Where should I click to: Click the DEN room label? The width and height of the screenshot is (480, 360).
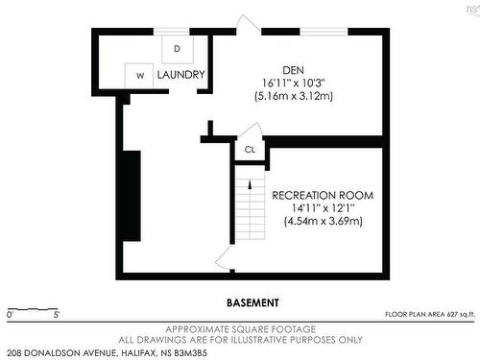[293, 70]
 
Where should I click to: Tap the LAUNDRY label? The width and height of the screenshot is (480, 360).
[180, 75]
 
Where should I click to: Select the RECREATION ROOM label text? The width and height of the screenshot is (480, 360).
[323, 195]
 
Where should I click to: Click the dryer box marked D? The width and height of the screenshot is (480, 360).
[178, 49]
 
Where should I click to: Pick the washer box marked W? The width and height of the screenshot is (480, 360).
[139, 76]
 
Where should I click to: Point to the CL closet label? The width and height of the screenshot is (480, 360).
[250, 150]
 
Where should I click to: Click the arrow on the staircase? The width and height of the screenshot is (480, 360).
[251, 185]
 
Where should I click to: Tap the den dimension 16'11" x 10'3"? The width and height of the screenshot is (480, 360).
[294, 84]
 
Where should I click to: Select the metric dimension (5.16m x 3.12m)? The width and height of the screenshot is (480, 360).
[294, 96]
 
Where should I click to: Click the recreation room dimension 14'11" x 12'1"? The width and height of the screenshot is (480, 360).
[323, 208]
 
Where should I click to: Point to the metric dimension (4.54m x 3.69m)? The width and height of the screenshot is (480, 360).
[324, 221]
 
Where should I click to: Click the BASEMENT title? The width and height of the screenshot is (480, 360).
[252, 302]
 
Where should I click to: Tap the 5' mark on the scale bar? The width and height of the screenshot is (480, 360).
[57, 315]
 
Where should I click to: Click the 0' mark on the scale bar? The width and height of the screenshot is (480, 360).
[10, 315]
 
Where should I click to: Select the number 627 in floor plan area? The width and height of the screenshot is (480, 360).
[452, 314]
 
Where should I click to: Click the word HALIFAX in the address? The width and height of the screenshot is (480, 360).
[139, 353]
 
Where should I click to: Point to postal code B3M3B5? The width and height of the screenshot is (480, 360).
[191, 353]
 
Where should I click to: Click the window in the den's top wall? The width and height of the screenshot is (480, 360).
[324, 32]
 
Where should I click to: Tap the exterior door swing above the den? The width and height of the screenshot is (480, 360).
[248, 23]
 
